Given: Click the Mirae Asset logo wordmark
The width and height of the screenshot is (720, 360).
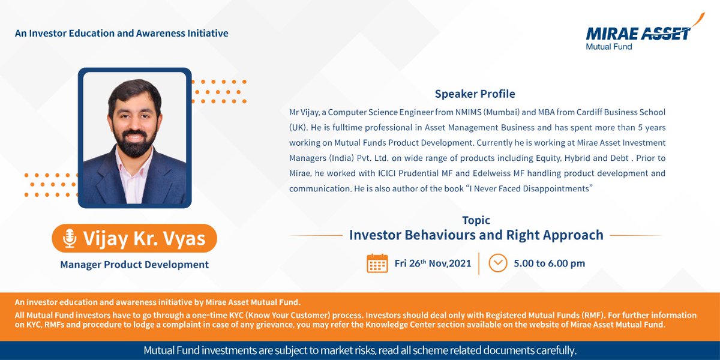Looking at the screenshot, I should click(637, 33).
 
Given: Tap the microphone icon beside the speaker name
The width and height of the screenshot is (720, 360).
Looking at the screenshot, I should click(70, 238).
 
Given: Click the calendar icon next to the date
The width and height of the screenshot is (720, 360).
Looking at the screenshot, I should click(377, 263).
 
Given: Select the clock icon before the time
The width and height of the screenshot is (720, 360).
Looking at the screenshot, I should click(498, 263).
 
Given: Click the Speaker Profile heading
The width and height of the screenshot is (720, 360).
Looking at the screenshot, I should click(475, 94).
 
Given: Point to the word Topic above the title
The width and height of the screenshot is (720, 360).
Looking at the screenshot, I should click(476, 220).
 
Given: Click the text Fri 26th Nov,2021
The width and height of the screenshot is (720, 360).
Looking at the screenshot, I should click(432, 263).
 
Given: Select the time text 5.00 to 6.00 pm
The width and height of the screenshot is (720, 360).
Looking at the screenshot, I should click(549, 263).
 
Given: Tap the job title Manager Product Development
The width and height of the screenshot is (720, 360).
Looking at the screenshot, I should click(134, 265).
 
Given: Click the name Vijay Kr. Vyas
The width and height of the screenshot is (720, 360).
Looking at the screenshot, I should click(144, 238).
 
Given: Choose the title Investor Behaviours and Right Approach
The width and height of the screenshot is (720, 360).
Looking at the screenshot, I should click(476, 235).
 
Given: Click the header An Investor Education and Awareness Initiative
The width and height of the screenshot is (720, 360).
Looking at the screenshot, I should click(122, 34).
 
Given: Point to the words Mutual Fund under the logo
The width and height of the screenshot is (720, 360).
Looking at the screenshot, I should click(608, 46).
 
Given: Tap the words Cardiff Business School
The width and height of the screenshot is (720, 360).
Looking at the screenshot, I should click(619, 113).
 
